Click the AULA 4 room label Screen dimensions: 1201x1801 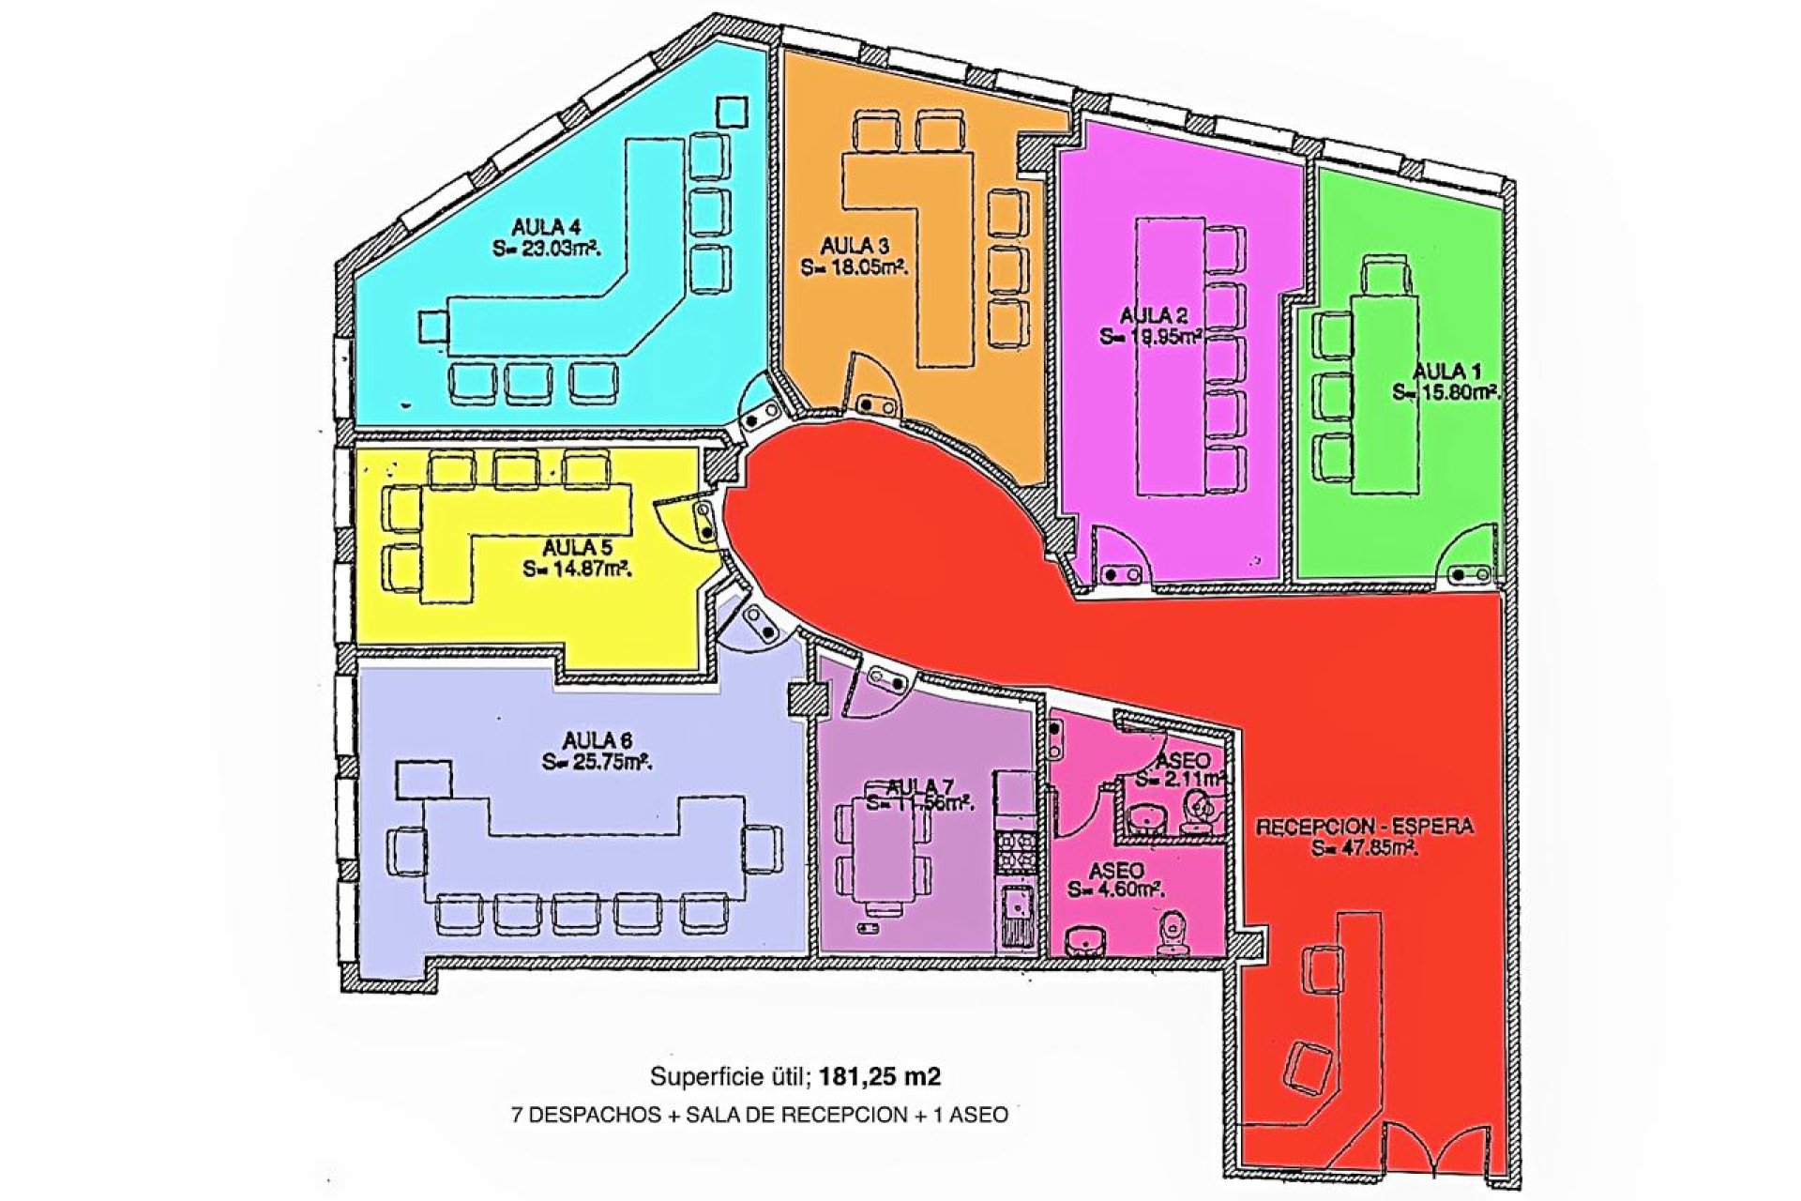click(546, 227)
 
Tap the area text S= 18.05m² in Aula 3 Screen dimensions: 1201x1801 click(854, 267)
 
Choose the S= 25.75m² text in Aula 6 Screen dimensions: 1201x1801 click(597, 762)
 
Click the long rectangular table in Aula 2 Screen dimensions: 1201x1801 click(1171, 357)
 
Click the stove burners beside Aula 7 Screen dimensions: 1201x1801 click(1015, 853)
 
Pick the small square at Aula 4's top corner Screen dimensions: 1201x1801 click(731, 113)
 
